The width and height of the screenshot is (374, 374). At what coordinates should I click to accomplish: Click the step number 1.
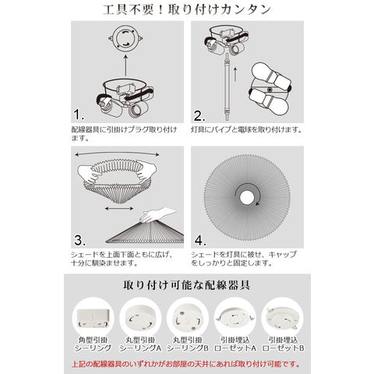[x=79, y=115]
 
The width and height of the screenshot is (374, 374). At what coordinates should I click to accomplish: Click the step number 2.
[x=199, y=116]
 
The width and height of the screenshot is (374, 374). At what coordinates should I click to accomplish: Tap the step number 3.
[x=79, y=240]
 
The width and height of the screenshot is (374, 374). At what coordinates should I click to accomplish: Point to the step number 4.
[x=200, y=240]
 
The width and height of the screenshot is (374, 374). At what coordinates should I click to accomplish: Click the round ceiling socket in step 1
[x=125, y=39]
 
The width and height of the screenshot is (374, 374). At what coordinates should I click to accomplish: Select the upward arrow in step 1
[x=125, y=65]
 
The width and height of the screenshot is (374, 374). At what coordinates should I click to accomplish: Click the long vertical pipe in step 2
[x=228, y=87]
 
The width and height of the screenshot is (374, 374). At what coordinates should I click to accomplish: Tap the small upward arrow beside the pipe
[x=235, y=74]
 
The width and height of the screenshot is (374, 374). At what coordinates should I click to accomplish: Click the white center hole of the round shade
[x=246, y=198]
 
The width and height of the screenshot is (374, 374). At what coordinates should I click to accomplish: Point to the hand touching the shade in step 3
[x=157, y=214]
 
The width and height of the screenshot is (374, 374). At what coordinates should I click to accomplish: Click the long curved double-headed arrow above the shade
[x=117, y=153]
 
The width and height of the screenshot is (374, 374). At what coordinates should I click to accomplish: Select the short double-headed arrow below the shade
[x=119, y=208]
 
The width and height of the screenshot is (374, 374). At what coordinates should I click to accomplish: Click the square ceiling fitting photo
[x=93, y=318]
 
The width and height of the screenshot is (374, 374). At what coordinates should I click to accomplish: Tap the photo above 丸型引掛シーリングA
[x=140, y=319]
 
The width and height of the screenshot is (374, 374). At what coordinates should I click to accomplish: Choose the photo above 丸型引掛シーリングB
[x=188, y=319]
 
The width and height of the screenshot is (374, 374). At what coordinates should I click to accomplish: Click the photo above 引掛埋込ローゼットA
[x=235, y=318]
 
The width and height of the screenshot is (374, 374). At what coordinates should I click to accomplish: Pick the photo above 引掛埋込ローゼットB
[x=282, y=318]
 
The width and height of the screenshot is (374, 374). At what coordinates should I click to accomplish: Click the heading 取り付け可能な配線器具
[x=187, y=285]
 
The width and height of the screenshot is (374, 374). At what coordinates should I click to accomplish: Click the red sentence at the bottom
[x=185, y=364]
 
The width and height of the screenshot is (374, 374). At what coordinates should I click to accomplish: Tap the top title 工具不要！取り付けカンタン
[x=187, y=9]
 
